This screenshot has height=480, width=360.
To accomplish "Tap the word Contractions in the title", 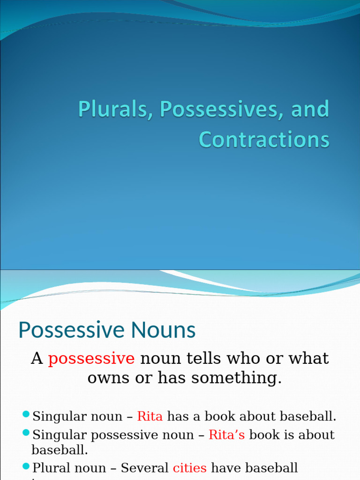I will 264,139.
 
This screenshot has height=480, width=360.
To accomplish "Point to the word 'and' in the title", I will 310,109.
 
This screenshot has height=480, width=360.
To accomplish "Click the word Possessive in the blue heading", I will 72,331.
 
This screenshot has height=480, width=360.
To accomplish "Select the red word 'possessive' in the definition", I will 91,359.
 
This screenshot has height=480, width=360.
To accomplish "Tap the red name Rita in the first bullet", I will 150,416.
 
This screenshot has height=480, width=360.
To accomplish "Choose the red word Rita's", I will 227,435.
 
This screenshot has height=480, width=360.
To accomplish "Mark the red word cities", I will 190,467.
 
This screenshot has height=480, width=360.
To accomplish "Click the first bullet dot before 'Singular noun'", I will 26,414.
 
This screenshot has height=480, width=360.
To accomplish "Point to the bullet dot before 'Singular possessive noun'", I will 26,433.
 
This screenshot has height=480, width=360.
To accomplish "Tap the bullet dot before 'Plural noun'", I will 26,466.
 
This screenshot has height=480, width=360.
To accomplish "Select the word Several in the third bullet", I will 145,467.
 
